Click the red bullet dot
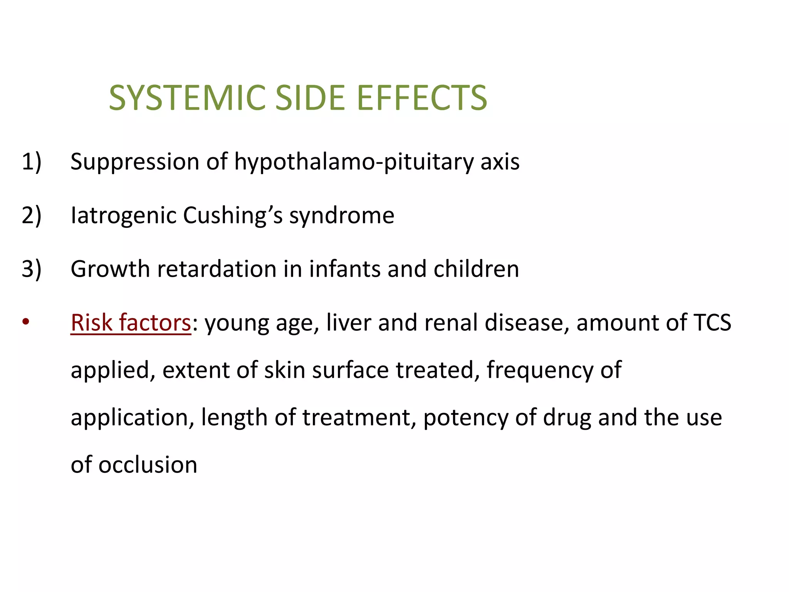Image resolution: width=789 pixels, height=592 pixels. pos(26,321)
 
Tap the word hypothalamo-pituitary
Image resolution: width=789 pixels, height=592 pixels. pos(354,161)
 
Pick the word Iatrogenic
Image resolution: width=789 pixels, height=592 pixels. pos(123,215)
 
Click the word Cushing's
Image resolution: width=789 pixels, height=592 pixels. pos(233,215)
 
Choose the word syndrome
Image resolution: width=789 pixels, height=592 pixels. pos(342,215)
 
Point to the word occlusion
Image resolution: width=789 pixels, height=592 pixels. pos(148,465)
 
